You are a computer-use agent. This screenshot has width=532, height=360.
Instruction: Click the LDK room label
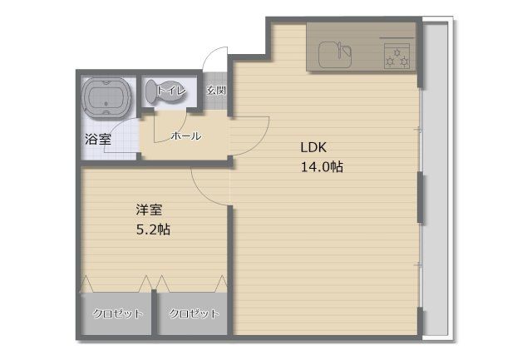click(313, 148)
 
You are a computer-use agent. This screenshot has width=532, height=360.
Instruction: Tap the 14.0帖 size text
click(322, 167)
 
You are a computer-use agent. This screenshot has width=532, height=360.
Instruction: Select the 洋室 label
click(150, 210)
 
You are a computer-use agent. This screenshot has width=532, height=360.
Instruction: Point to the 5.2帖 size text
click(153, 229)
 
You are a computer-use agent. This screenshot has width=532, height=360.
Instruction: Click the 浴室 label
click(98, 139)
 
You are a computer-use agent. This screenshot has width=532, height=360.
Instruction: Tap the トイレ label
click(172, 91)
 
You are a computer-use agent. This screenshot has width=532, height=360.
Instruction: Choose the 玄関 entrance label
click(216, 91)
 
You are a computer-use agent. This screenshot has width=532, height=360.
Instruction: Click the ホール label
click(186, 136)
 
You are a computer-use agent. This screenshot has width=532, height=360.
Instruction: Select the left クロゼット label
click(118, 313)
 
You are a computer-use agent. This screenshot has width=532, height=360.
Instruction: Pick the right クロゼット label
click(194, 313)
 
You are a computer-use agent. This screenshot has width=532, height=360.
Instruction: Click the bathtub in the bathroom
click(107, 98)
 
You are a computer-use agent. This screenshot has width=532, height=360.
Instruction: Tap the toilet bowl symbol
click(165, 91)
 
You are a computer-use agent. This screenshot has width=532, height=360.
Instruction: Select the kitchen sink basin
click(334, 55)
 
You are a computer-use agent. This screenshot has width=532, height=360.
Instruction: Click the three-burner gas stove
click(397, 57)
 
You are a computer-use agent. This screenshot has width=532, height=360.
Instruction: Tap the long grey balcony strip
click(436, 179)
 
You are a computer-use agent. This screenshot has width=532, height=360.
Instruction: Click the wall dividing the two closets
click(155, 313)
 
